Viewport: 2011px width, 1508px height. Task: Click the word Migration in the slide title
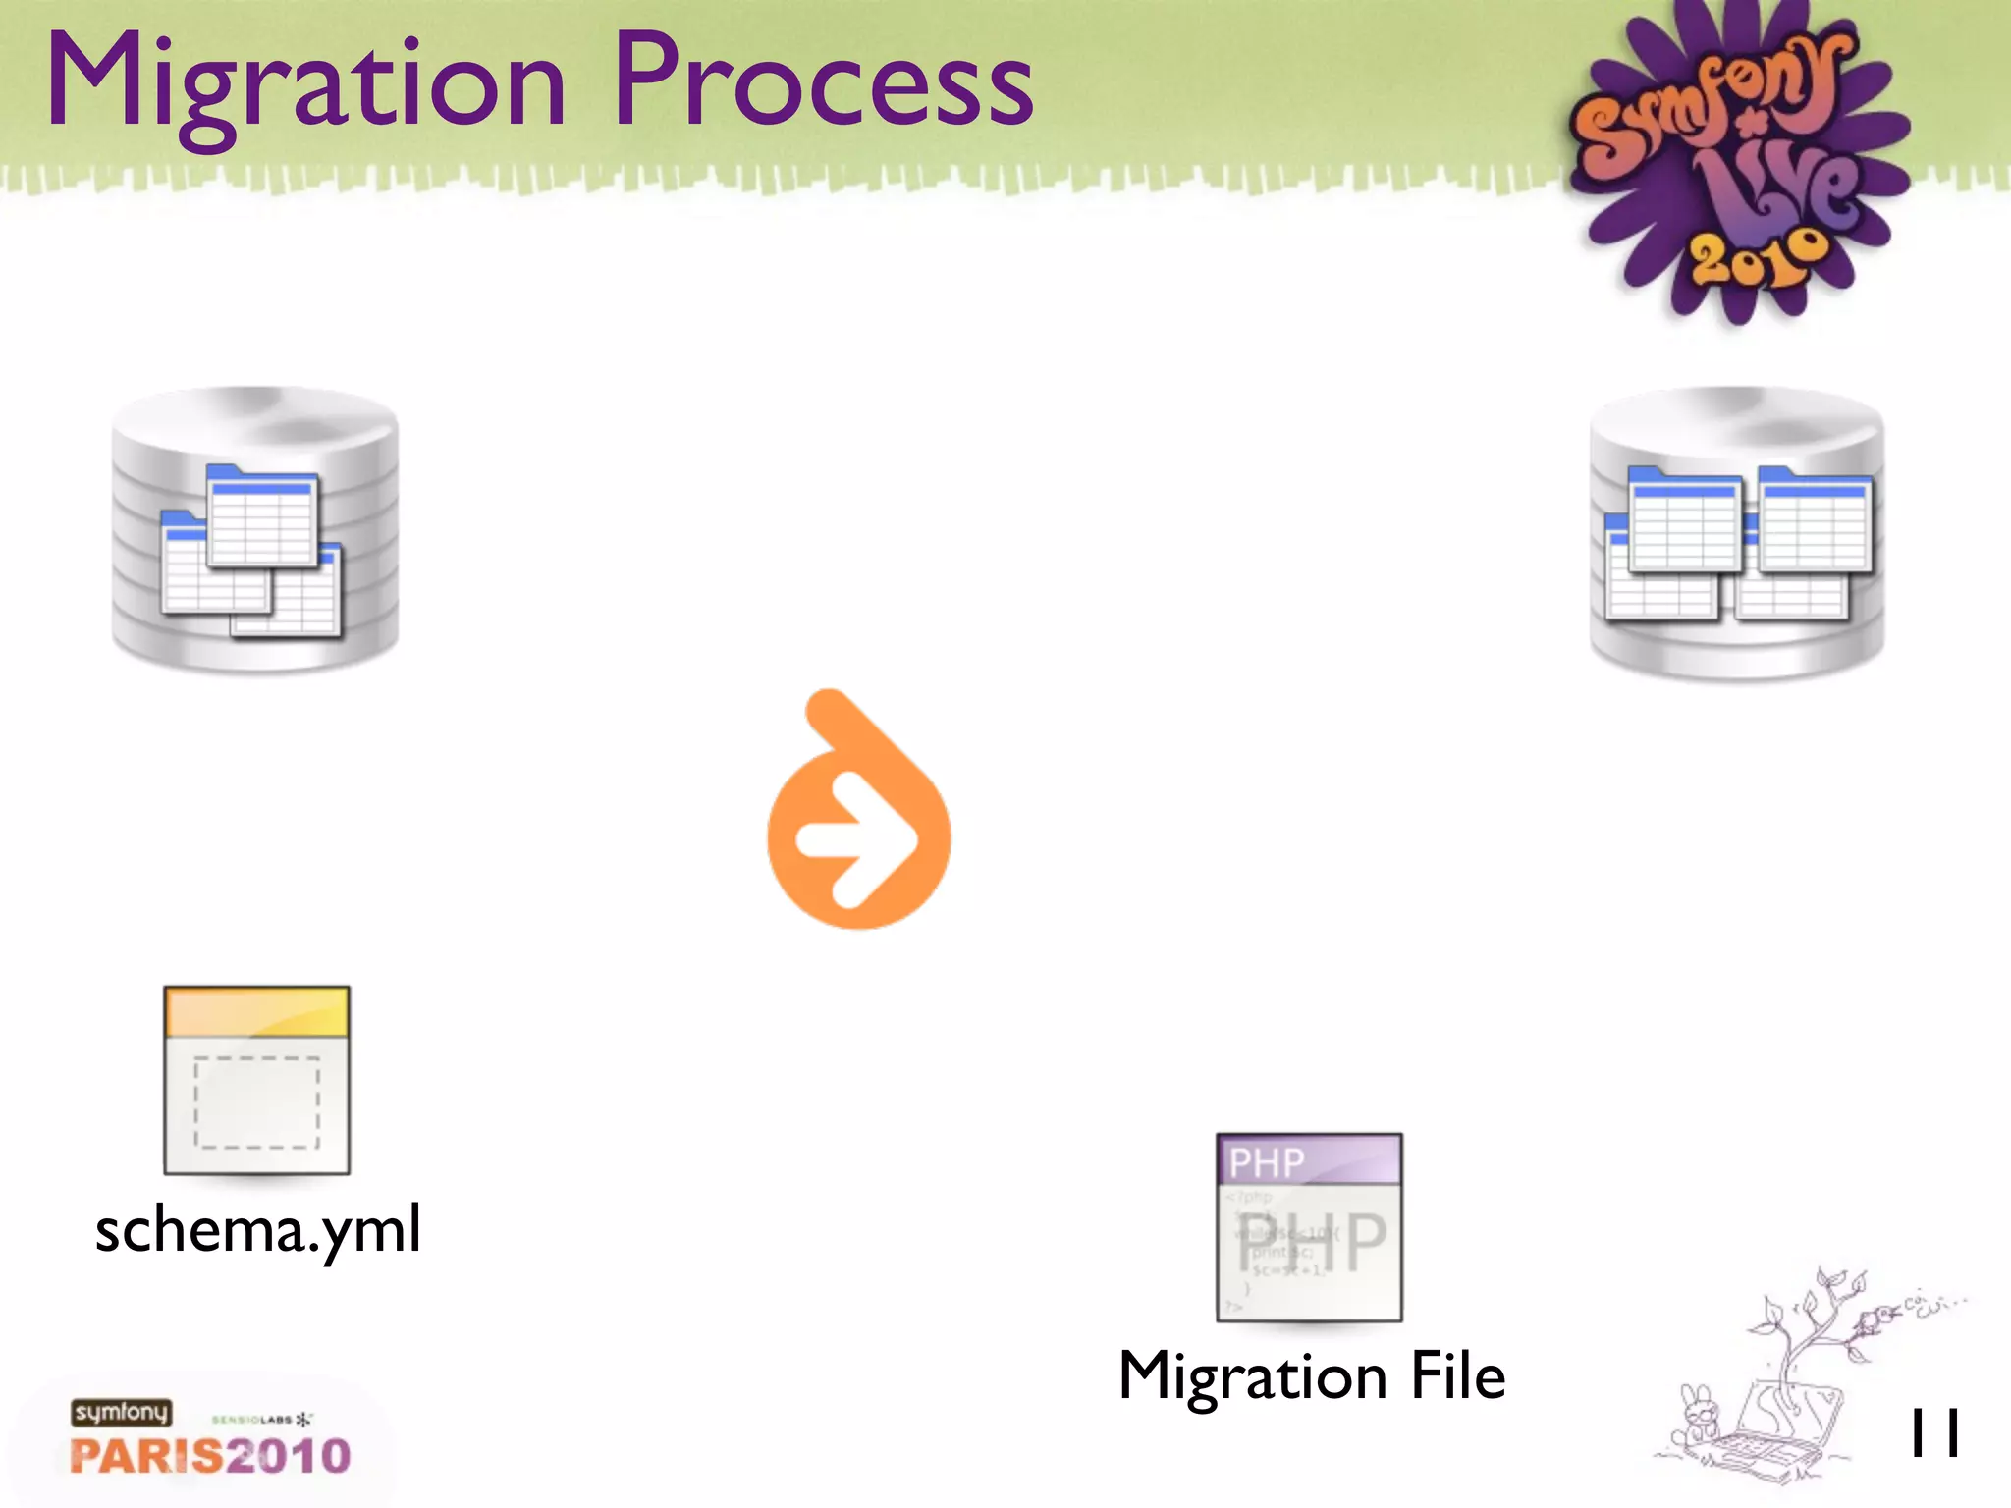(305, 84)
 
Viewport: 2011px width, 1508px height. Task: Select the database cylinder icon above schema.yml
(255, 530)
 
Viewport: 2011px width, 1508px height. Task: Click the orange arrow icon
(858, 815)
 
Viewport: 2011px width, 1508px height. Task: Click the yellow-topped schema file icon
(256, 1080)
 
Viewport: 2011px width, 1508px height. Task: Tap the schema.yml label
(258, 1229)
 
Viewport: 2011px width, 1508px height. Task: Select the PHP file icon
(1309, 1227)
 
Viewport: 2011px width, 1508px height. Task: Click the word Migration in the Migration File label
(1252, 1376)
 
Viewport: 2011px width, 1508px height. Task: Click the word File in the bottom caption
(1457, 1375)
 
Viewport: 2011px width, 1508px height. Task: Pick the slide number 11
(1933, 1434)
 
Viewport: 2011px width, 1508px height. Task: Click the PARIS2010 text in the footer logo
(210, 1456)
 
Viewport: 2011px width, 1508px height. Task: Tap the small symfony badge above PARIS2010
(121, 1412)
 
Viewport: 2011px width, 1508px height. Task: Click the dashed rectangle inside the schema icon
(256, 1103)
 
